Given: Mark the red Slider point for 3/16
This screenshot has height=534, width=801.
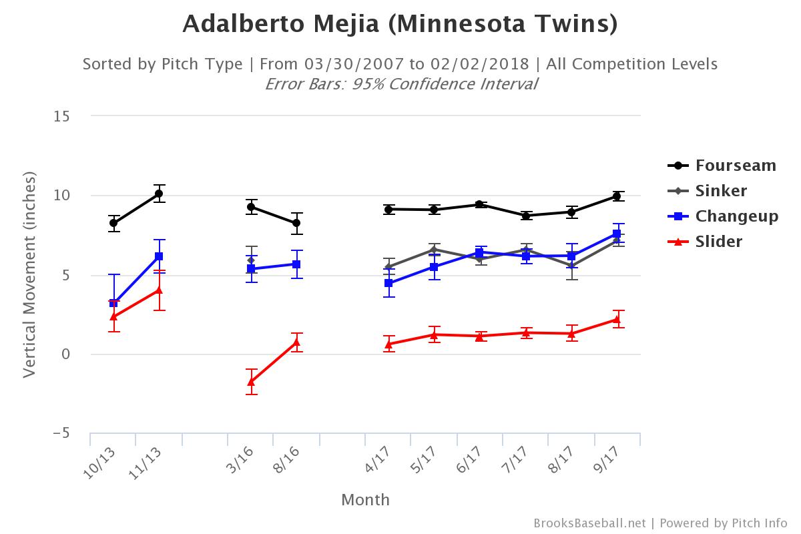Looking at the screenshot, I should [x=251, y=382].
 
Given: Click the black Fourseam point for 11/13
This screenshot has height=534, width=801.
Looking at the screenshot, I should [x=159, y=194].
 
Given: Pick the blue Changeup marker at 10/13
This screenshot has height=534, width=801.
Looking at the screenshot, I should [x=113, y=303].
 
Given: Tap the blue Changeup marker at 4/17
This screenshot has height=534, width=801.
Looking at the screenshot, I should [x=388, y=283].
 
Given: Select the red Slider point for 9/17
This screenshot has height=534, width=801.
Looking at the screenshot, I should [x=617, y=319].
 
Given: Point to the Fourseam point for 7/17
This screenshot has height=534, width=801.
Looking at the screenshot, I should [x=526, y=216].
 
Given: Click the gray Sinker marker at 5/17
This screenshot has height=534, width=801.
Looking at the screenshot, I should [x=434, y=250].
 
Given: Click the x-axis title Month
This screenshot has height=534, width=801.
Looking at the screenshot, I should [x=365, y=500].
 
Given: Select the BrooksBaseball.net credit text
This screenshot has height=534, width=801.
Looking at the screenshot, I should [x=589, y=523].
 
